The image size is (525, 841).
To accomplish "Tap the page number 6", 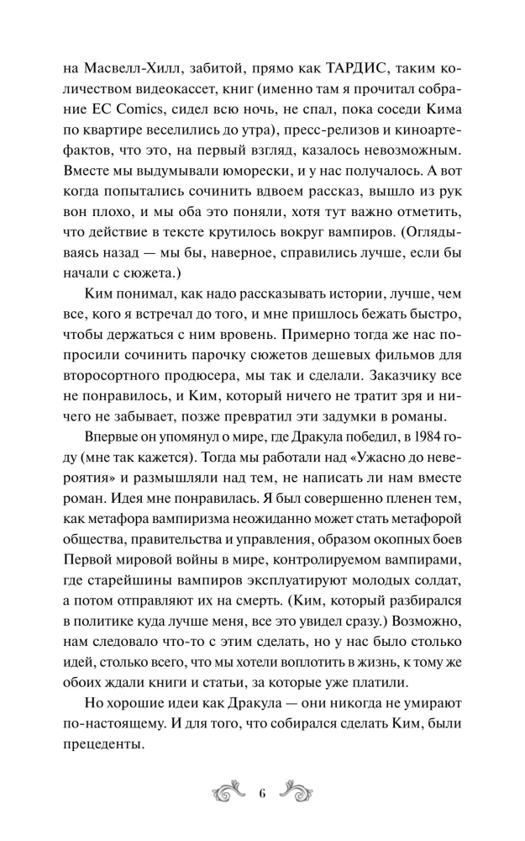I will coord(263,792).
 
